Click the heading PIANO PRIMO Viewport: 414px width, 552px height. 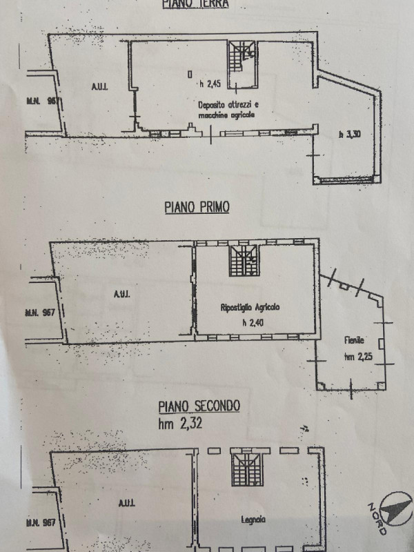click(x=197, y=206)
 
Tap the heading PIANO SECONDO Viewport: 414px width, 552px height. click(x=200, y=406)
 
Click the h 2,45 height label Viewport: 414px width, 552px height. click(x=210, y=85)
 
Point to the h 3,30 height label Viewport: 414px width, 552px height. click(x=349, y=135)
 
